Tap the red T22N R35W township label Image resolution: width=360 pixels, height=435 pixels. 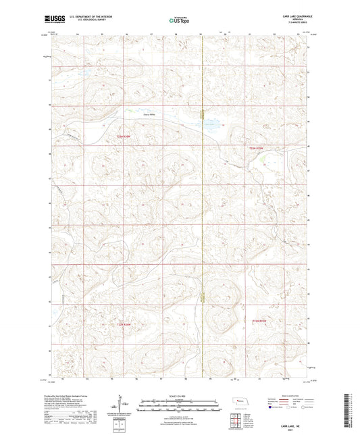(x=259, y=320)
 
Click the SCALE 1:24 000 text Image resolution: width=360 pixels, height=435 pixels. (x=180, y=394)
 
